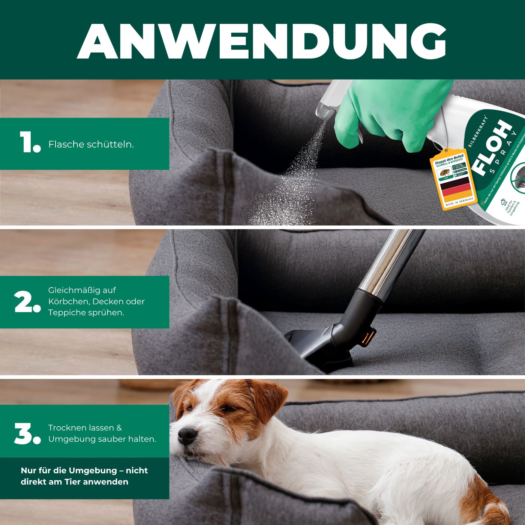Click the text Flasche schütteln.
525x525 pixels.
click(x=91, y=144)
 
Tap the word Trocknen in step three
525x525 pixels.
click(x=66, y=428)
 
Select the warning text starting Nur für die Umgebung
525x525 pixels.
click(x=84, y=476)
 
